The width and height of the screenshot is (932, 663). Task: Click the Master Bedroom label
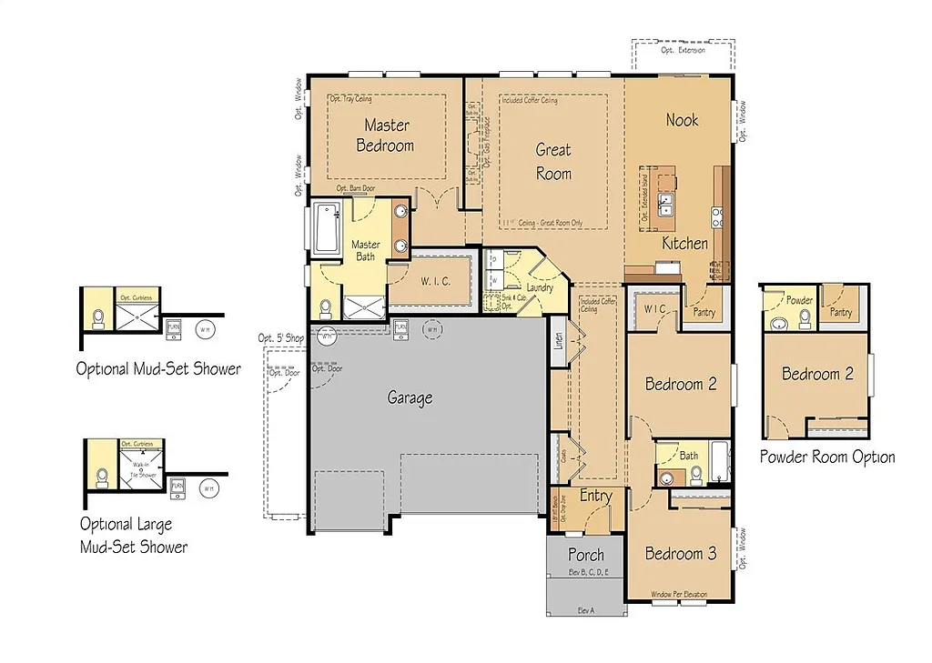(x=386, y=135)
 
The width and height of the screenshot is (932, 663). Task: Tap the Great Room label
(x=552, y=161)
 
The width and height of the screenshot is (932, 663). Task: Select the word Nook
(x=682, y=120)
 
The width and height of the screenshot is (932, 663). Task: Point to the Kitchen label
(x=684, y=243)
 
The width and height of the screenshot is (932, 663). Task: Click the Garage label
(x=410, y=397)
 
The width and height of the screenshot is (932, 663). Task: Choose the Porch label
(x=586, y=554)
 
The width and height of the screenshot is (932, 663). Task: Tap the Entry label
(x=595, y=496)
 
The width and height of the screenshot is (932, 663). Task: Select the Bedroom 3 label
(x=680, y=553)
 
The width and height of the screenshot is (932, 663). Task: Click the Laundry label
(x=540, y=288)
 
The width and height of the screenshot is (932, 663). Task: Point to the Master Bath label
(x=366, y=250)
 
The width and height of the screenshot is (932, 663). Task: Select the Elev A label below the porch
(x=585, y=610)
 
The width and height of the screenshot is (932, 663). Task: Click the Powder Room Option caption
(x=827, y=457)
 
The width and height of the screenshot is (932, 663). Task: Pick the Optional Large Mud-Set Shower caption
(x=133, y=535)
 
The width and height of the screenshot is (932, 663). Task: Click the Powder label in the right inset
(x=799, y=300)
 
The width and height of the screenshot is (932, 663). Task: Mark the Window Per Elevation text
(x=679, y=595)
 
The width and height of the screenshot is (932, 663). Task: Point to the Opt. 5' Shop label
(x=281, y=338)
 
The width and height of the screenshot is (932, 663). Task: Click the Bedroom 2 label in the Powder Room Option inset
(x=817, y=374)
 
